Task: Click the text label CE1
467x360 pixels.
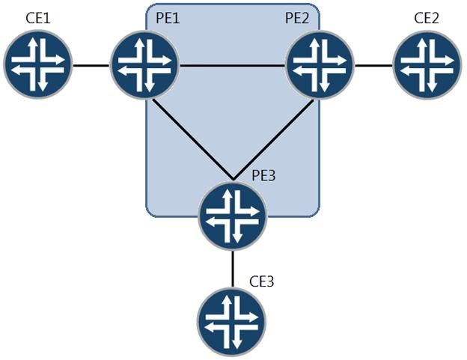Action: (37, 16)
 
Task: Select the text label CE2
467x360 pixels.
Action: (427, 16)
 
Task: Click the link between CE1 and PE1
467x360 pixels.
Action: (91, 66)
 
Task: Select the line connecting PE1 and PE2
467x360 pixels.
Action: (233, 66)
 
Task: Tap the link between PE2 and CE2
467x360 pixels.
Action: (374, 66)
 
